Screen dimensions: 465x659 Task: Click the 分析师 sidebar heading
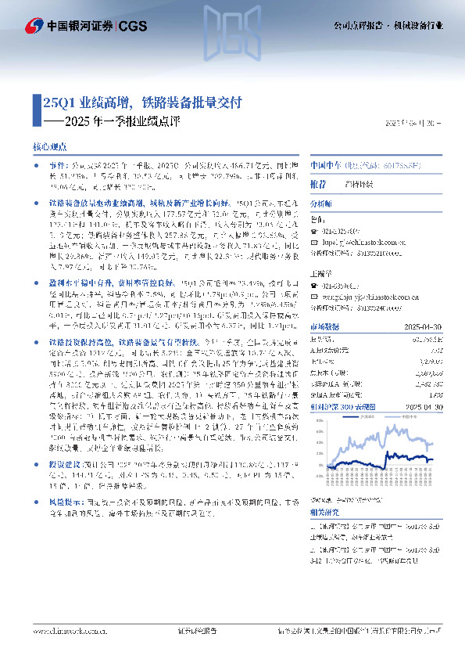coord(321,202)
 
